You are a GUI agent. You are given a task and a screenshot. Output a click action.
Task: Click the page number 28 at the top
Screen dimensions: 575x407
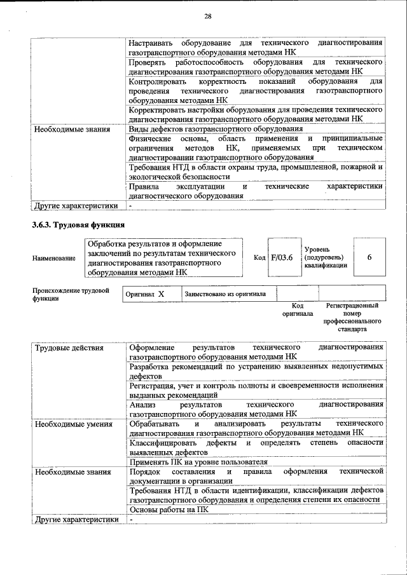pos(208,17)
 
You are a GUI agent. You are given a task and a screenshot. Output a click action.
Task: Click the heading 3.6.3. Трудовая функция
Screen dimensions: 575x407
pos(78,225)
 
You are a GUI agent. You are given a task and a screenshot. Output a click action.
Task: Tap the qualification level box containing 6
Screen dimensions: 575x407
pos(369,257)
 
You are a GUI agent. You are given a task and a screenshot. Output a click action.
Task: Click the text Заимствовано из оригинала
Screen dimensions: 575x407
pos(225,295)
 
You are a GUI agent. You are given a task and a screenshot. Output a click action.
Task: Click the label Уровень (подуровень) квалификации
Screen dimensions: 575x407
pos(325,257)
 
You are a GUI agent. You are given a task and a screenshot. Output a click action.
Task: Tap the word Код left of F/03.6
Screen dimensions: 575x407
pos(259,258)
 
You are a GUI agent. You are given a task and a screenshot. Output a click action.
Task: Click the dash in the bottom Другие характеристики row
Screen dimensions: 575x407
pos(130,519)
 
